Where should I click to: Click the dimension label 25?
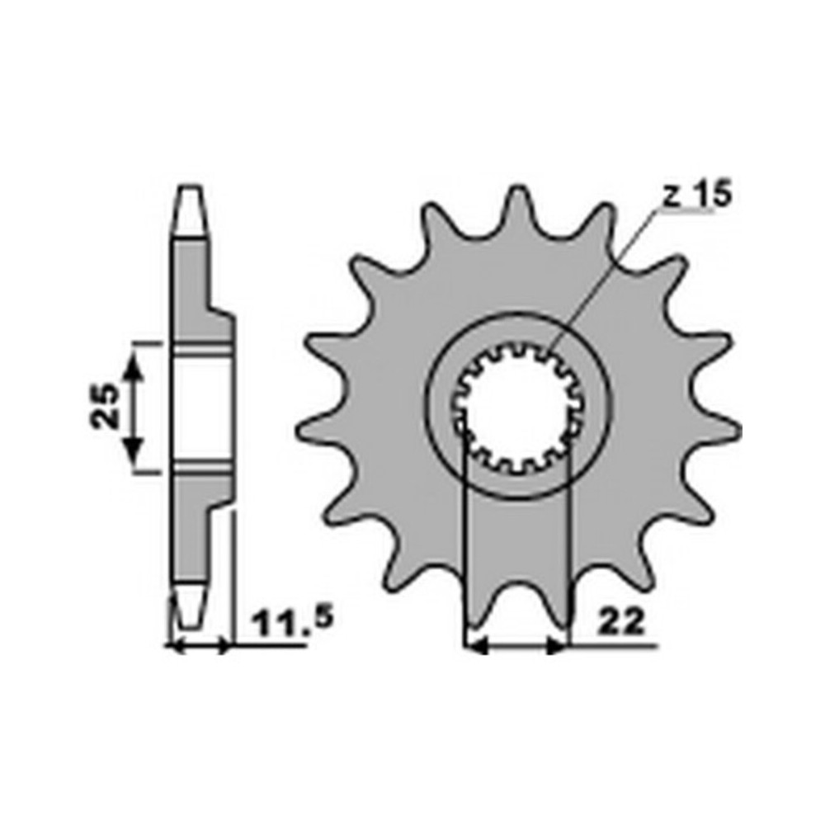106,407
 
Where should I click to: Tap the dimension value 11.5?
293,623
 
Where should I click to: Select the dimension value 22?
621,624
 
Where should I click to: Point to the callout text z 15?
696,195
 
